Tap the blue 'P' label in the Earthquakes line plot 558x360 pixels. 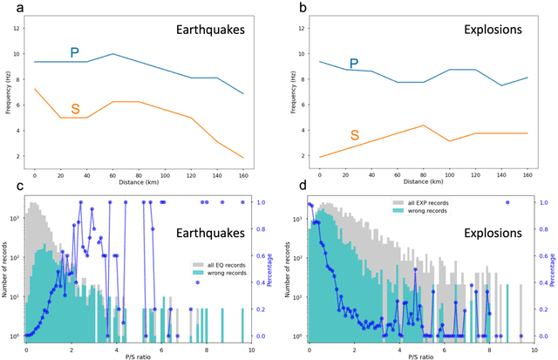75,54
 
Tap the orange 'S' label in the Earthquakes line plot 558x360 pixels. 75,109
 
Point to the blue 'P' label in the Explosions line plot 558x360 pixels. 353,64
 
